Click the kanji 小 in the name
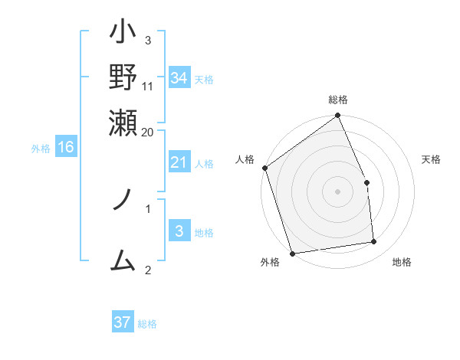123,35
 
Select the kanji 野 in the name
123,77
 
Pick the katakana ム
123,262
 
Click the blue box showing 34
179,77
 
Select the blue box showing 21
179,162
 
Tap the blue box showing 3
179,231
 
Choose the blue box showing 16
66,147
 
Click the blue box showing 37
123,322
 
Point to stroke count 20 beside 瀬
148,132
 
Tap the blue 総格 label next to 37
147,324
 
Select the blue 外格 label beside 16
41,149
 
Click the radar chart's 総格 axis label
338,100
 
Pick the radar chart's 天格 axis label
432,159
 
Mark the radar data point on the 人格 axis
264,168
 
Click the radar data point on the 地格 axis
374,242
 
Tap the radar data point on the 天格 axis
366,182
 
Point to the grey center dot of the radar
338,191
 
